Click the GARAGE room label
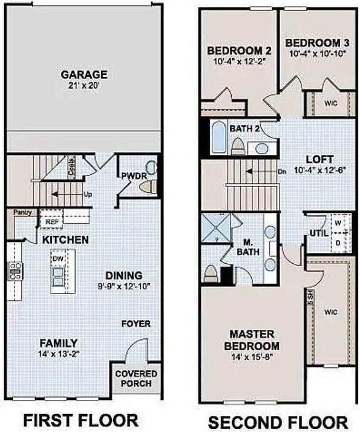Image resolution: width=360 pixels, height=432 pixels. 83,75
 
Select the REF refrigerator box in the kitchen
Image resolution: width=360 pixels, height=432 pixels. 51,223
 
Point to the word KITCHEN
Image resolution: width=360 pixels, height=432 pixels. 65,240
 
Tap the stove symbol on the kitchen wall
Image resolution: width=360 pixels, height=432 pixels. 13,271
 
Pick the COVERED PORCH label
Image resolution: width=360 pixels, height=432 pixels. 136,379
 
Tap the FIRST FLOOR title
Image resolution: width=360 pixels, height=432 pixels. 81,419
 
